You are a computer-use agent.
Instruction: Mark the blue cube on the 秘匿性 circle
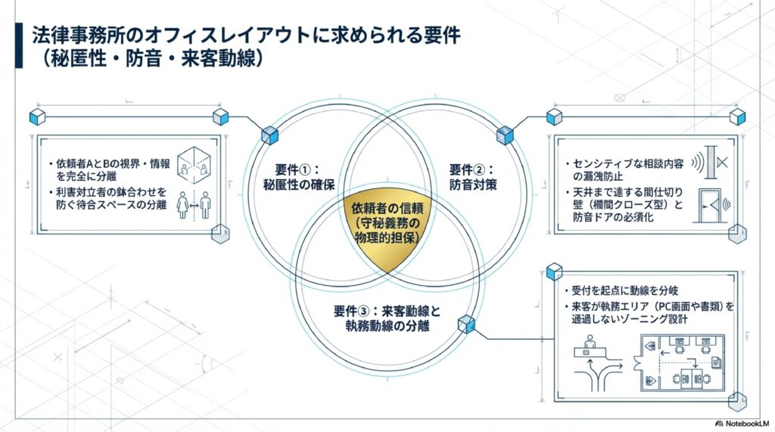(270, 135)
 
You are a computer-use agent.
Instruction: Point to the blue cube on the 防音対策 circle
(505, 135)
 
